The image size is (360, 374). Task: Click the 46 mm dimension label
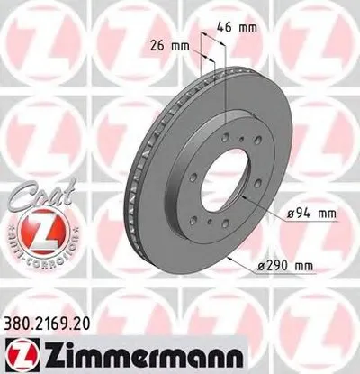(x=242, y=28)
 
